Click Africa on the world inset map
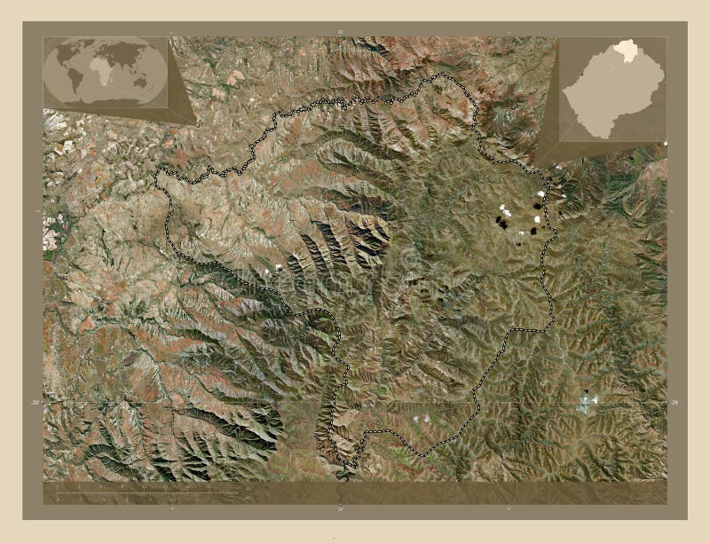pyautogui.click(x=104, y=72)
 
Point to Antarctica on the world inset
pyautogui.click(x=105, y=103)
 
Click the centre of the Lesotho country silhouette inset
pyautogui.click(x=613, y=92)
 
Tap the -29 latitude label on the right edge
pyautogui.click(x=674, y=403)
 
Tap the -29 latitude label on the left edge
pyautogui.click(x=35, y=403)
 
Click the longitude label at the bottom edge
pyautogui.click(x=340, y=509)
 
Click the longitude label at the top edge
pyautogui.click(x=340, y=32)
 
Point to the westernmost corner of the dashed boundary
pyautogui.click(x=156, y=177)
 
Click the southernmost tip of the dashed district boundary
pyautogui.click(x=352, y=467)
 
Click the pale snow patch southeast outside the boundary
pyautogui.click(x=586, y=405)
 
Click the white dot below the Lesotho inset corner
pyautogui.click(x=665, y=144)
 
